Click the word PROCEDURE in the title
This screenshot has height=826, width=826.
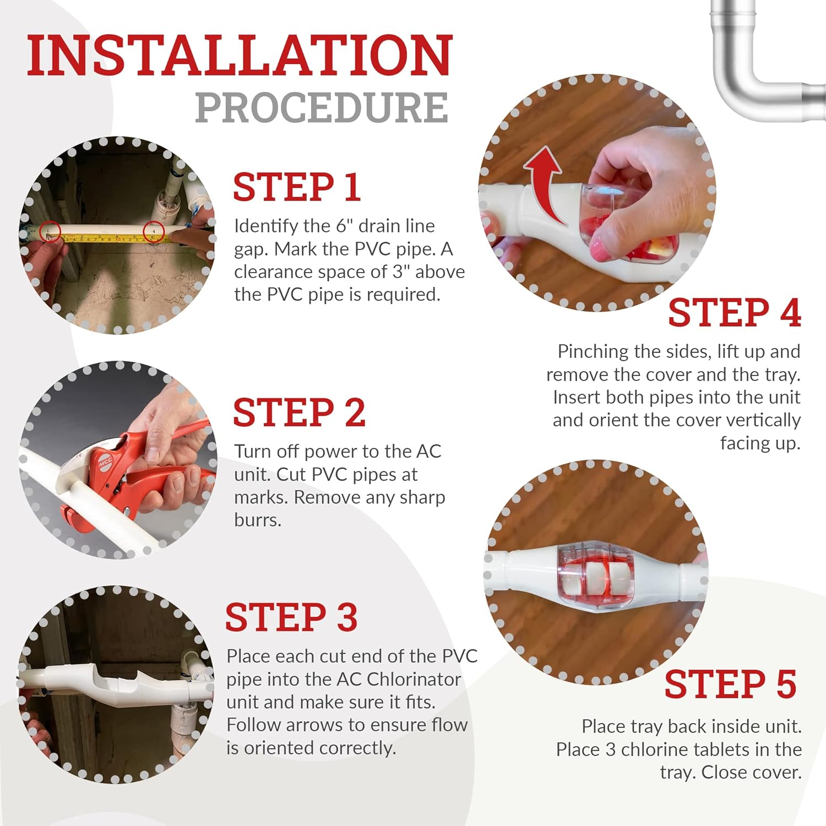pyautogui.click(x=322, y=107)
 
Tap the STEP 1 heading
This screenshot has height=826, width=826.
pyautogui.click(x=297, y=187)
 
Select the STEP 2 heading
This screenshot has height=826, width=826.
pyautogui.click(x=299, y=412)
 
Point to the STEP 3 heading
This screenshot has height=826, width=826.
pyautogui.click(x=291, y=617)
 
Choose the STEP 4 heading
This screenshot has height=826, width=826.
pyautogui.click(x=735, y=313)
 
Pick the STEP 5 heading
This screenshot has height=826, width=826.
pyautogui.click(x=731, y=684)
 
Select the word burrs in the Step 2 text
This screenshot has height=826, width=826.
pyautogui.click(x=258, y=520)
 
